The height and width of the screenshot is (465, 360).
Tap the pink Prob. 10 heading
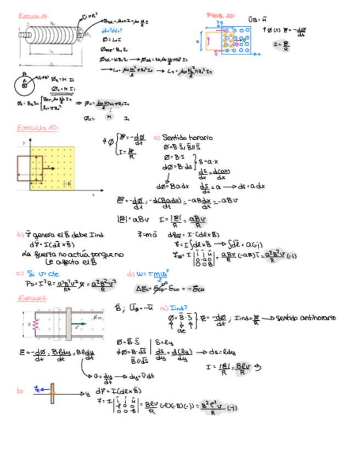(x=221, y=15)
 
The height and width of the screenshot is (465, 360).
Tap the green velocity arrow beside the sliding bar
(x=79, y=324)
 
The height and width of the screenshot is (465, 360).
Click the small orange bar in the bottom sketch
(x=53, y=393)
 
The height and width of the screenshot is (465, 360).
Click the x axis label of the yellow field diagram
(x=93, y=194)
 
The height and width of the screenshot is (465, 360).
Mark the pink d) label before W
(x=130, y=273)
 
